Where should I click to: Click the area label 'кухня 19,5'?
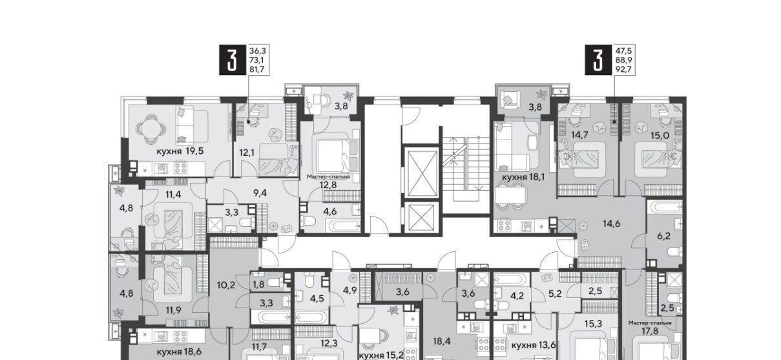point(180,151)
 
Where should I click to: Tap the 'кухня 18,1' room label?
point(523,177)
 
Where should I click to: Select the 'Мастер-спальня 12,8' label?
point(328,181)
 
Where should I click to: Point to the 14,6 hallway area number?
point(612,224)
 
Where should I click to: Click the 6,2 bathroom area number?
point(664,236)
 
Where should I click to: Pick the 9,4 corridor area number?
point(260,193)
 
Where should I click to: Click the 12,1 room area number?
point(247,153)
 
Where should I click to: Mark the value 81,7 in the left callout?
point(257,69)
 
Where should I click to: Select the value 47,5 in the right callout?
point(623,50)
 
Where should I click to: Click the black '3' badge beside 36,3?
point(232,59)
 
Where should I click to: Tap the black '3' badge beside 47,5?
point(598,59)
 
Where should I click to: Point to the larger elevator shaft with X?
point(422,173)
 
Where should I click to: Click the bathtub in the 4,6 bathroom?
point(343,226)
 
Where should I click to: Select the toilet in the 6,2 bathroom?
point(674,252)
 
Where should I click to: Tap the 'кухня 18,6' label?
point(179,352)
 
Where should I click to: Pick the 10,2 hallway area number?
point(226,285)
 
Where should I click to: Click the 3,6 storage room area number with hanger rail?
point(402,292)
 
